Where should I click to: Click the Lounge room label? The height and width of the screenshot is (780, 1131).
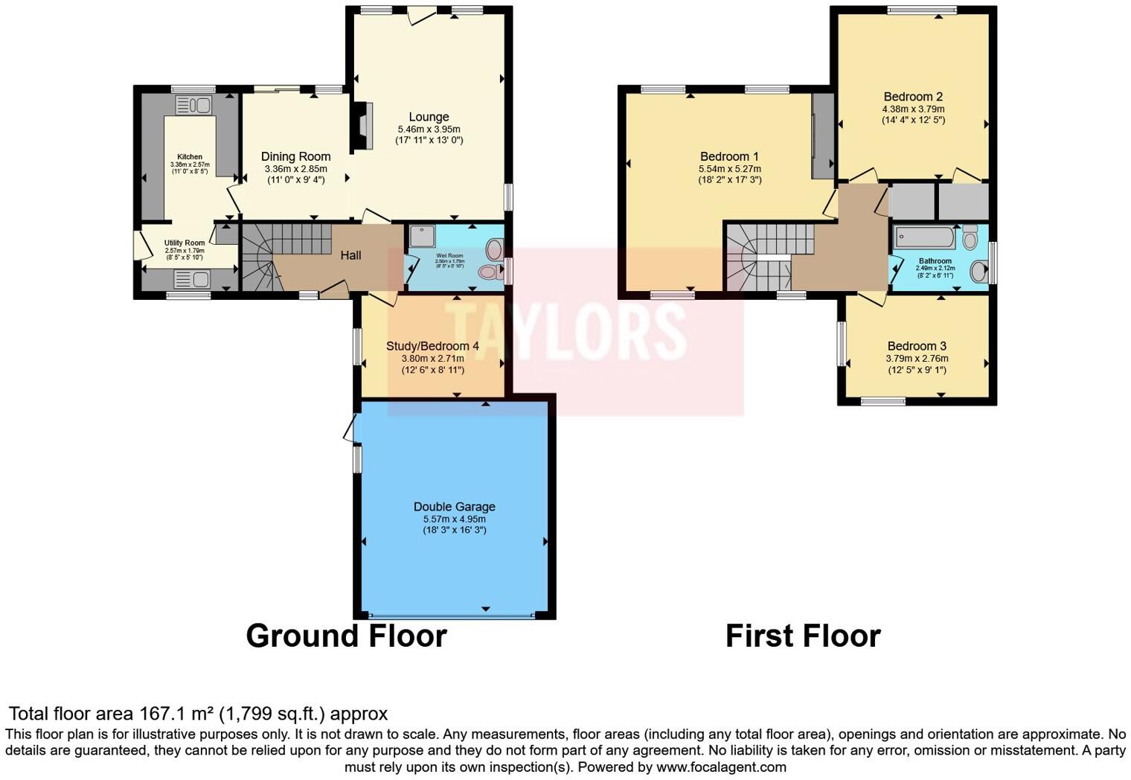[429, 117]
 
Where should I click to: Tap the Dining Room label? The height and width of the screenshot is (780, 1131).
[295, 156]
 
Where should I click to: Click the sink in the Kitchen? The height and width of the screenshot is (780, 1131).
[194, 105]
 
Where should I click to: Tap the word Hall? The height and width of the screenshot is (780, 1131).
[350, 255]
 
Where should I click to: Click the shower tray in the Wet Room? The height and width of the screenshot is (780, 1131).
[421, 237]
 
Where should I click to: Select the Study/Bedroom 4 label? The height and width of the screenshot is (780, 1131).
[432, 346]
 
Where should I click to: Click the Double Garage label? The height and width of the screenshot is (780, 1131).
[454, 506]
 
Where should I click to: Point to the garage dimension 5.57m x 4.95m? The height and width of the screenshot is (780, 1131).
[454, 519]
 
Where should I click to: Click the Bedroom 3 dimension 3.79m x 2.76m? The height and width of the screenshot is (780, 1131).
[917, 358]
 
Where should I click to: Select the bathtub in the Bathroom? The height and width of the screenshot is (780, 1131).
[924, 237]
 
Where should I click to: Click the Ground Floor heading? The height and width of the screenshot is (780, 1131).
[346, 636]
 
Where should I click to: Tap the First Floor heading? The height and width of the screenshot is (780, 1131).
[803, 636]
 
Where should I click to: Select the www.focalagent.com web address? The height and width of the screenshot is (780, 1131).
[721, 767]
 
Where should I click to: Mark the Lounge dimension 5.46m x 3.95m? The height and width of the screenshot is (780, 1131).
[429, 129]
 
